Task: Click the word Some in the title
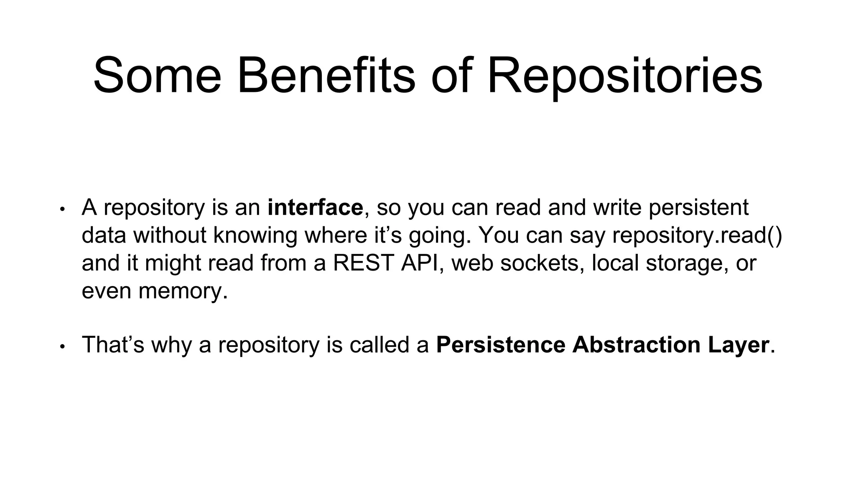(157, 76)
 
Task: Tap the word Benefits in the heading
(326, 76)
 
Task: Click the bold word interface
(315, 208)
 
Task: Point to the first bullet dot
(62, 209)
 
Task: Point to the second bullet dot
(62, 346)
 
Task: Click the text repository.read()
(697, 235)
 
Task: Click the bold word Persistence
(500, 345)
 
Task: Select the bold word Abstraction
(636, 345)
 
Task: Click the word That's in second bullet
(113, 345)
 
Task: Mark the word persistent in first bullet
(698, 208)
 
